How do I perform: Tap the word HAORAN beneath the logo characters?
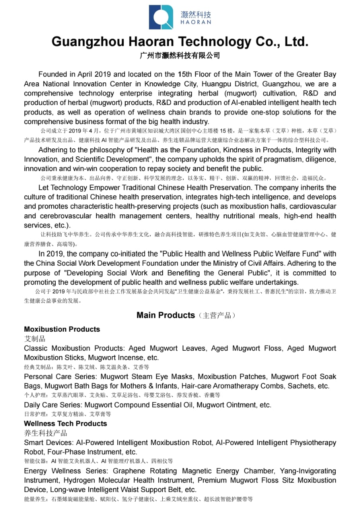tap(196, 23)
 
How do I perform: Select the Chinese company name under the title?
tap(180, 56)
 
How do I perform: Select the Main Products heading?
tap(165, 315)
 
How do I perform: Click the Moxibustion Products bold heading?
tap(62, 329)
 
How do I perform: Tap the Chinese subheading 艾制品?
tap(35, 339)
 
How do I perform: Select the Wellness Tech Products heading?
tap(65, 424)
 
